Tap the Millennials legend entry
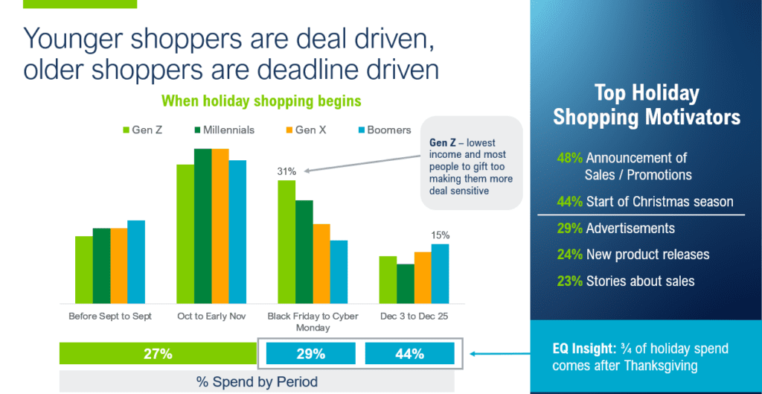(x=222, y=130)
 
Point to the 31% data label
(x=286, y=171)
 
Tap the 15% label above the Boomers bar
(x=440, y=235)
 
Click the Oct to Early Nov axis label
(x=211, y=316)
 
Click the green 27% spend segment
(x=157, y=354)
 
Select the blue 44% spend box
(x=409, y=354)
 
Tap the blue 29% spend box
(x=310, y=354)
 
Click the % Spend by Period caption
(x=257, y=382)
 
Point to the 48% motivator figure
(x=570, y=158)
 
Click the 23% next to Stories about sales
(x=570, y=281)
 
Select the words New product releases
(x=647, y=255)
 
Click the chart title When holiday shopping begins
(x=262, y=101)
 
